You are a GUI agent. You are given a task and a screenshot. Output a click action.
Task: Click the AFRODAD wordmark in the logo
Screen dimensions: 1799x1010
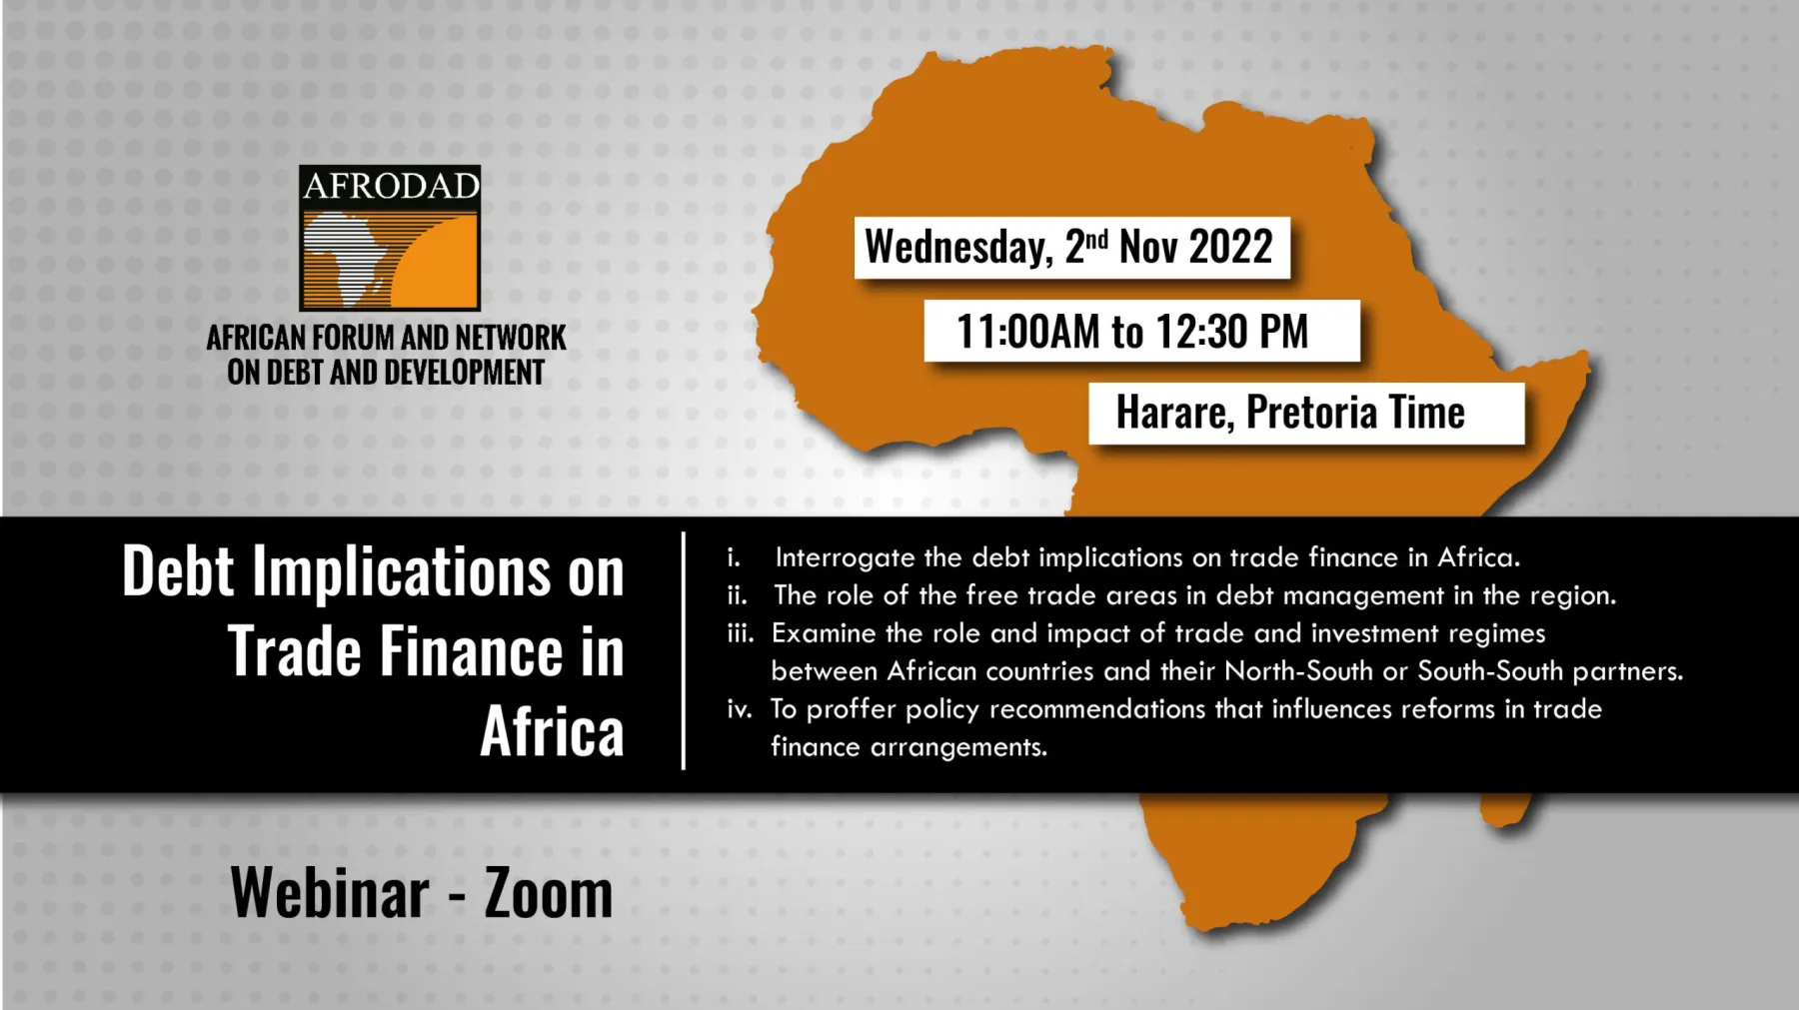(x=391, y=186)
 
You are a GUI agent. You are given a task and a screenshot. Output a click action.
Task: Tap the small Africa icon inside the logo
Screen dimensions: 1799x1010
(x=345, y=257)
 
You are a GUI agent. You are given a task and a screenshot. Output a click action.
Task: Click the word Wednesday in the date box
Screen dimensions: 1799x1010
(x=957, y=247)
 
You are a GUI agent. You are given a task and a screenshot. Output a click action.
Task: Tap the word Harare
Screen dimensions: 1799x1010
(x=1174, y=413)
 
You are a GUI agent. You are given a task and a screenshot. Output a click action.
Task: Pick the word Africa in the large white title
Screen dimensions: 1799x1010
(x=552, y=731)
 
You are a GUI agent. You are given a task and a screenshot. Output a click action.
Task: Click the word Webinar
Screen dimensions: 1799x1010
(x=330, y=892)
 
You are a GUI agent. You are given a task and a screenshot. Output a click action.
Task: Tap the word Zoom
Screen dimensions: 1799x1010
(x=548, y=892)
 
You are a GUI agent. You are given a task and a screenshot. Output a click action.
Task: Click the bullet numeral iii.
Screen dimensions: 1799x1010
(x=740, y=633)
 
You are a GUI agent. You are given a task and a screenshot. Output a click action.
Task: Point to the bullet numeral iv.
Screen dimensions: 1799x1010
(x=739, y=709)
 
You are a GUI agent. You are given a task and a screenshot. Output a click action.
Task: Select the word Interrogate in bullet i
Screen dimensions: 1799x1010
(x=845, y=557)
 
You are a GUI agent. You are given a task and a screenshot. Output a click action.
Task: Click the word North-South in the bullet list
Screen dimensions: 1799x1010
(x=1298, y=670)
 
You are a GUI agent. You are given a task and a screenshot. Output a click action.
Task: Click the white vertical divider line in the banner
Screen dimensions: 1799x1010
(x=684, y=651)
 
